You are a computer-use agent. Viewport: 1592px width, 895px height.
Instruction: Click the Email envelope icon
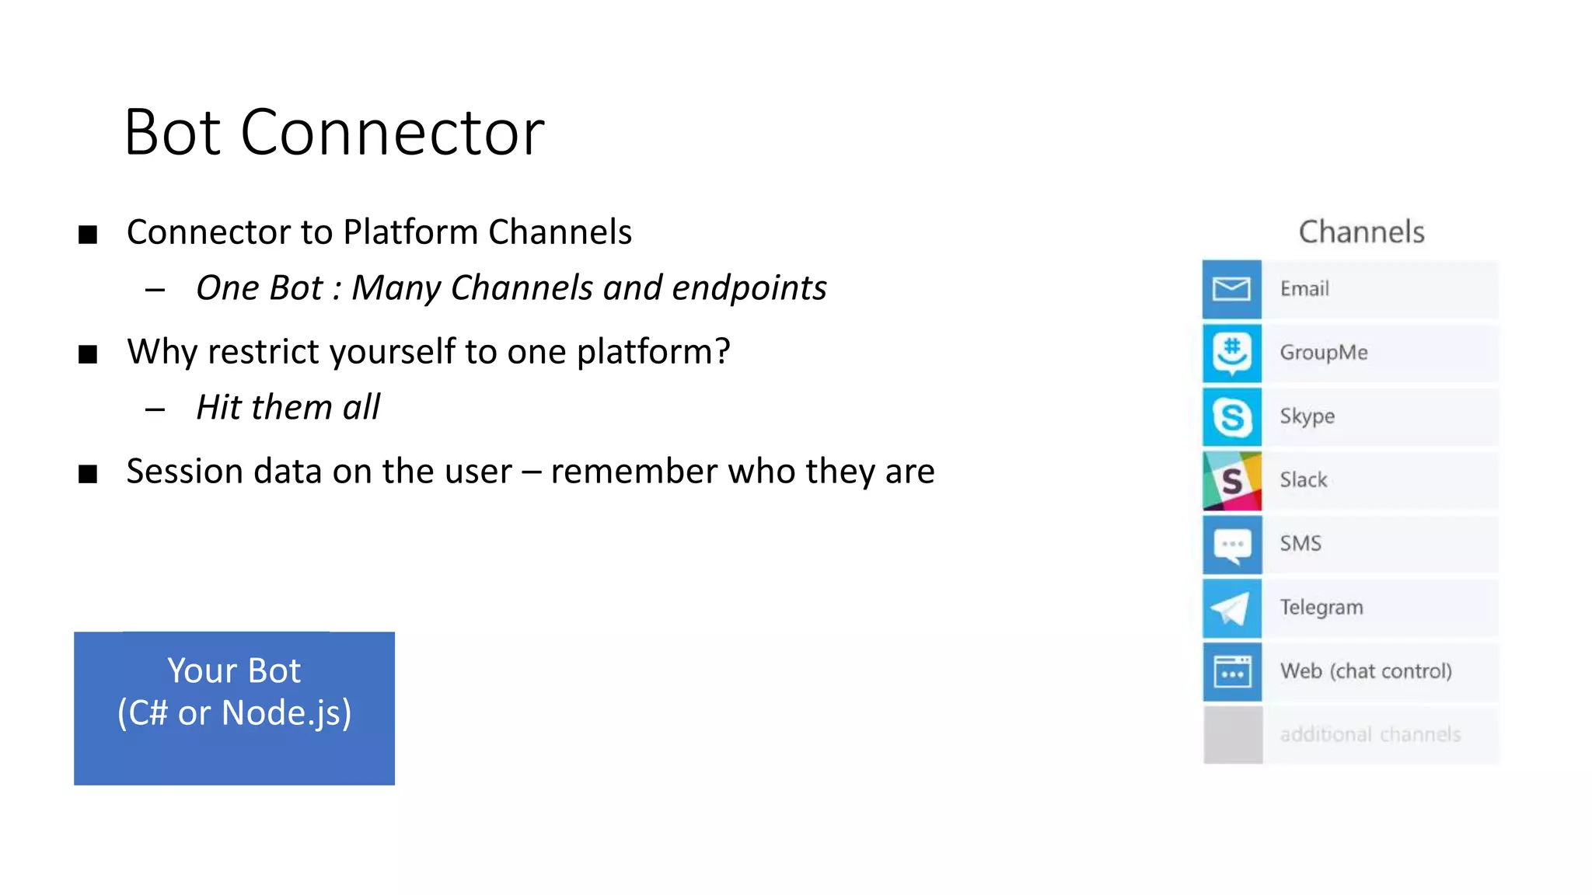point(1231,289)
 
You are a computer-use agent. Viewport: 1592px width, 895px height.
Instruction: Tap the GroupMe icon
point(1231,353)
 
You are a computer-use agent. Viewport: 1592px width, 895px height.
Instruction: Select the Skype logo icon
point(1231,416)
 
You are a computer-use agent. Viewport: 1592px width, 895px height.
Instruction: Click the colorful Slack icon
point(1231,480)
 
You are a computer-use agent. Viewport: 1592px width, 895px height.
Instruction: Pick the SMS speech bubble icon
point(1231,544)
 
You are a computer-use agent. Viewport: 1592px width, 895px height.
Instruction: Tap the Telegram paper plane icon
point(1231,608)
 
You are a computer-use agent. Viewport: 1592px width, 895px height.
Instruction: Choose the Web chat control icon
point(1231,671)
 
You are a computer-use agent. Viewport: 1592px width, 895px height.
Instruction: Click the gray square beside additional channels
point(1231,735)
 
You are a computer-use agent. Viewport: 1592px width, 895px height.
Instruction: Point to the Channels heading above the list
point(1361,232)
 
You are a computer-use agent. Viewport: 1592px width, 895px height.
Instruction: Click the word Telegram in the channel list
point(1321,608)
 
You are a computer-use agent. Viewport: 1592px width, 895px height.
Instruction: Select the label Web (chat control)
point(1366,671)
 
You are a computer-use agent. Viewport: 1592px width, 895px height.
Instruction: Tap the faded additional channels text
point(1370,735)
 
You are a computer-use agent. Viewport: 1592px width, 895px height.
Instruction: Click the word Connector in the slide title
point(392,133)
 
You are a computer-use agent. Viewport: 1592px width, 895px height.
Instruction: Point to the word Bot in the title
point(173,133)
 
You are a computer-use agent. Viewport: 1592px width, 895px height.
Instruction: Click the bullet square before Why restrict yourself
point(88,354)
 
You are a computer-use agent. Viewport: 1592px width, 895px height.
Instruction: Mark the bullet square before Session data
point(88,474)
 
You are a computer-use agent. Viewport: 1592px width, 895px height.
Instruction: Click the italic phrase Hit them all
point(288,408)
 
